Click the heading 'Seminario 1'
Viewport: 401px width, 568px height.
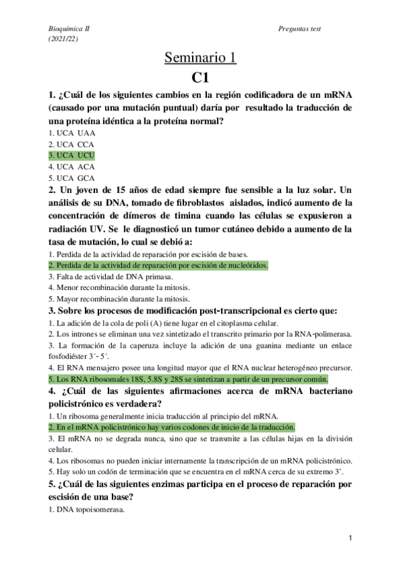click(x=200, y=58)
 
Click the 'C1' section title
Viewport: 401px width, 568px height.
click(x=200, y=78)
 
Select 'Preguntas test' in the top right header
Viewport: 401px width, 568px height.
click(x=300, y=30)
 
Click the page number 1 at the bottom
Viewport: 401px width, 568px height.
click(x=351, y=539)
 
